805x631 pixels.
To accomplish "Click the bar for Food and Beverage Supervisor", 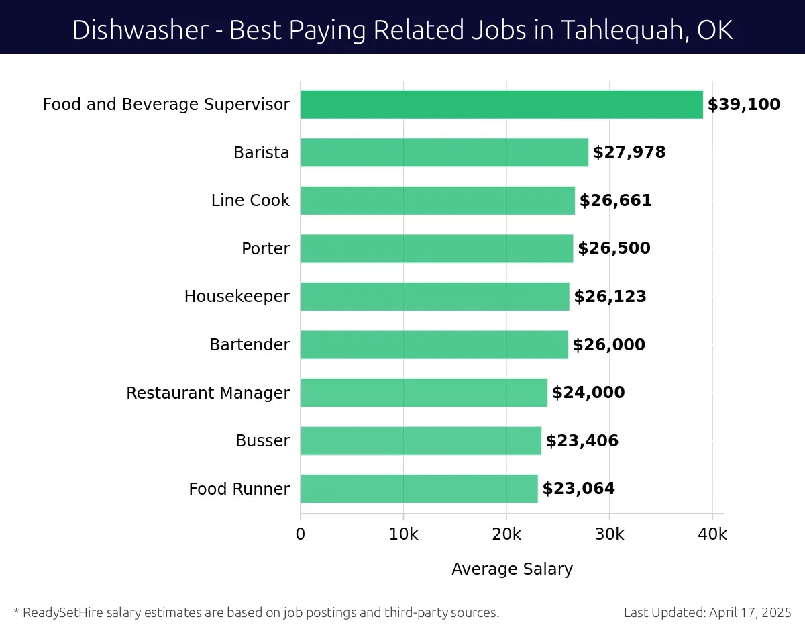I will click(x=501, y=105).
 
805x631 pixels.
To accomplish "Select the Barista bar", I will click(x=444, y=152).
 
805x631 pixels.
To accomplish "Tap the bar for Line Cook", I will click(x=437, y=201).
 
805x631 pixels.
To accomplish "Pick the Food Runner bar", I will click(x=419, y=489).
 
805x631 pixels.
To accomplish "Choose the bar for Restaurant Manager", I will click(x=423, y=393).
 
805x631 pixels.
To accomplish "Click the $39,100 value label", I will click(x=744, y=105).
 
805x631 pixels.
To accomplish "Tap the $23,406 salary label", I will click(x=582, y=441).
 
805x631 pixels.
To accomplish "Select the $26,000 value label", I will click(x=608, y=345).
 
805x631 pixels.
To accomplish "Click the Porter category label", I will click(x=266, y=249).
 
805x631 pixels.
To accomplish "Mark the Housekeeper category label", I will click(x=237, y=297).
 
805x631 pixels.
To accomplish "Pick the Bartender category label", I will click(x=250, y=345).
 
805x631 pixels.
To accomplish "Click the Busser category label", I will click(x=262, y=441).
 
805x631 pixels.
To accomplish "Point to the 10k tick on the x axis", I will click(x=403, y=534).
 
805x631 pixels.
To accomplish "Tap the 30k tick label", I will click(x=609, y=534).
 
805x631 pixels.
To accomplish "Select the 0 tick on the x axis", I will click(x=301, y=534).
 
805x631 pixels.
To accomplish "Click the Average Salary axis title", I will click(x=512, y=569).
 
